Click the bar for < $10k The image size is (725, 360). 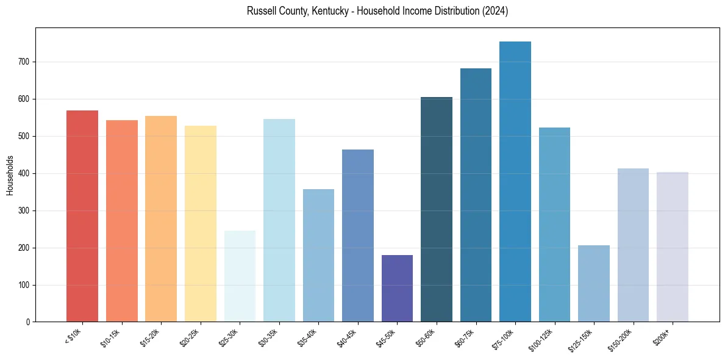pyautogui.click(x=82, y=216)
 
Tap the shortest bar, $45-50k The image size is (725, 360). pyautogui.click(x=397, y=288)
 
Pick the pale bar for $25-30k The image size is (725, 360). pyautogui.click(x=240, y=276)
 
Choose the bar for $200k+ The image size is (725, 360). pyautogui.click(x=673, y=247)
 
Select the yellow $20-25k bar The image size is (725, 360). pyautogui.click(x=201, y=223)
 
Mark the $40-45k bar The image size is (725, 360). pyautogui.click(x=358, y=236)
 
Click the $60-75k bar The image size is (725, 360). pyautogui.click(x=476, y=195)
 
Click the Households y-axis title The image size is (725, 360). pyautogui.click(x=10, y=175)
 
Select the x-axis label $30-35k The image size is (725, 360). pyautogui.click(x=270, y=337)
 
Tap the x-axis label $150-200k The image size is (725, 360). pyautogui.click(x=621, y=339)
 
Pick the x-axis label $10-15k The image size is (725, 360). pyautogui.click(x=112, y=337)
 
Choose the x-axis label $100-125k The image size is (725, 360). pyautogui.click(x=543, y=339)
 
